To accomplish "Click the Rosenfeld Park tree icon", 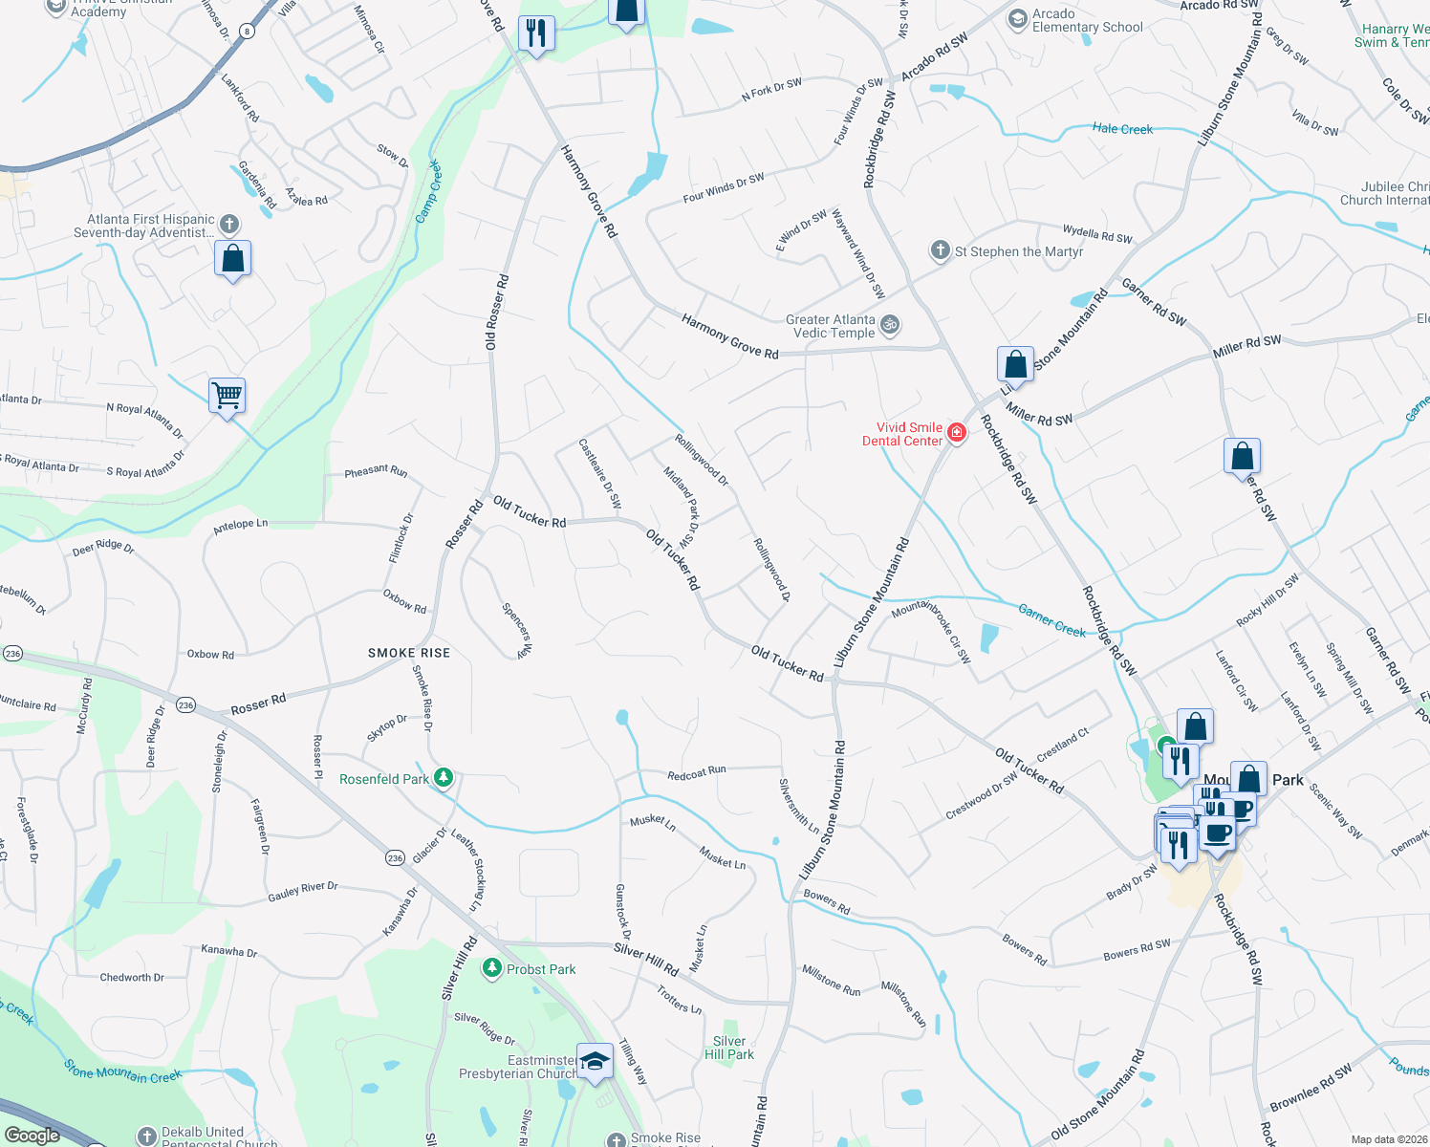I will click(443, 778).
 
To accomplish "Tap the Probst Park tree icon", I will click(492, 968).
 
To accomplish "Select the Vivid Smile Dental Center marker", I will click(956, 434).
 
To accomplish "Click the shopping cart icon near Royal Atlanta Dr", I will click(227, 395).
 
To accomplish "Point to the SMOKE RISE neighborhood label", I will click(409, 653).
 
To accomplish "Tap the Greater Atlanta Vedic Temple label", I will click(831, 326).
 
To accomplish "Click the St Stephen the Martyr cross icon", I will click(940, 250).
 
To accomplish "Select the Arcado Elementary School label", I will click(1087, 20).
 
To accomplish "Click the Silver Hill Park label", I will click(729, 1048).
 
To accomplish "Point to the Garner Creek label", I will click(1051, 619).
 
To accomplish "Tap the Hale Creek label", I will click(1122, 129).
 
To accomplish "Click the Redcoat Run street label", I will click(697, 773).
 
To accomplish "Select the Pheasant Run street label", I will click(376, 471).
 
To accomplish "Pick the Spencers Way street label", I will click(517, 630).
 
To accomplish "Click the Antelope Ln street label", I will click(240, 525).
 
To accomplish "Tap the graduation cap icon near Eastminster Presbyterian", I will click(595, 1063).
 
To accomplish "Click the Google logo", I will click(32, 1136).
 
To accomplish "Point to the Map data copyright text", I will click(1389, 1139).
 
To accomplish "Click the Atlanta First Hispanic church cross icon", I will click(228, 225).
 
